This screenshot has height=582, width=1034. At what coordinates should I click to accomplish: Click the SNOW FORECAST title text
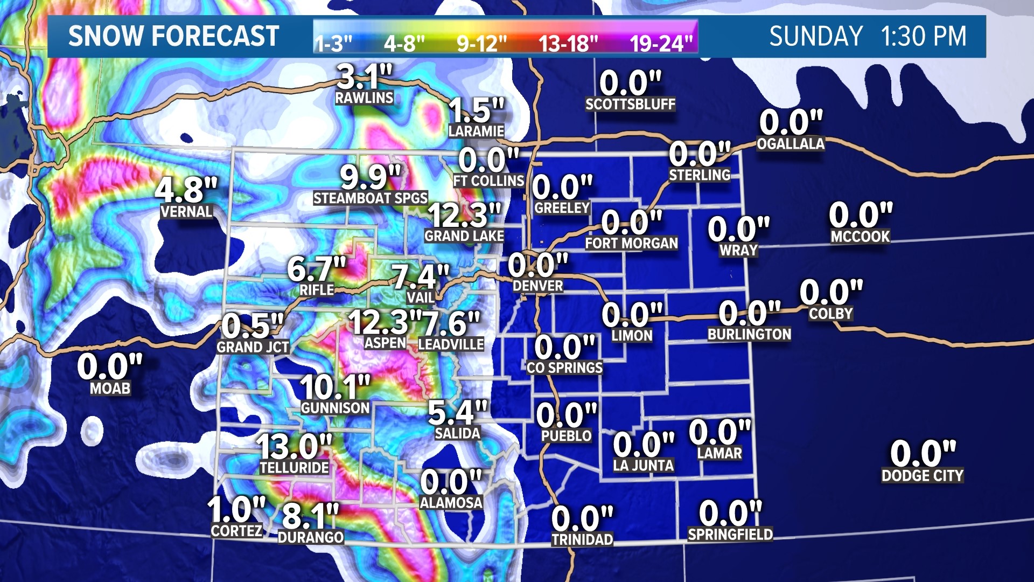pos(173,37)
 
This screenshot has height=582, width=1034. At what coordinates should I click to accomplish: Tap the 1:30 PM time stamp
pos(924,37)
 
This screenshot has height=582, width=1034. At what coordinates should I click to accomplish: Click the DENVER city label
pos(537,286)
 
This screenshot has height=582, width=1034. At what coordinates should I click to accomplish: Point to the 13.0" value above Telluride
pos(294,447)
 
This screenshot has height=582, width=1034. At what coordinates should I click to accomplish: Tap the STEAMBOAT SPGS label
pos(371,198)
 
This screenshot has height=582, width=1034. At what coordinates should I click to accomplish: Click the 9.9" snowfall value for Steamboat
pos(371,177)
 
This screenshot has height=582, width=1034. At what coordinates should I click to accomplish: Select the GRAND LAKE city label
pos(464,235)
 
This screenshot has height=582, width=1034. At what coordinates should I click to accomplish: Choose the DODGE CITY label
pos(922,475)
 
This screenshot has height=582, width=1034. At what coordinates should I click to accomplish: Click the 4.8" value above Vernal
pos(186,190)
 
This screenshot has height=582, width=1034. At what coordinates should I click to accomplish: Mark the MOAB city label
pos(110,388)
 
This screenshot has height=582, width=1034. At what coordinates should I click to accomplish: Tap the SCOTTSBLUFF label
pos(630,104)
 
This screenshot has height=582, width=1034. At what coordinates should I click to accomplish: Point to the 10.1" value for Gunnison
pos(335,387)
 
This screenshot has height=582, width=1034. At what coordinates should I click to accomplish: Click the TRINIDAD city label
pos(582,539)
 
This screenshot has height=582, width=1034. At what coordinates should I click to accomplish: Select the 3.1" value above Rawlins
pos(365,77)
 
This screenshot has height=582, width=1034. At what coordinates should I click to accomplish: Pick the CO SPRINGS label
pos(564,368)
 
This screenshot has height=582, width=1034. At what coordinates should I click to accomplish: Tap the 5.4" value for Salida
pos(457,413)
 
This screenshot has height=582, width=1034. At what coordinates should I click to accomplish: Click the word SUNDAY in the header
pos(816,37)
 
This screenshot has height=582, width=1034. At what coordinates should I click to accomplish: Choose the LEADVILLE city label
pos(451,344)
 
